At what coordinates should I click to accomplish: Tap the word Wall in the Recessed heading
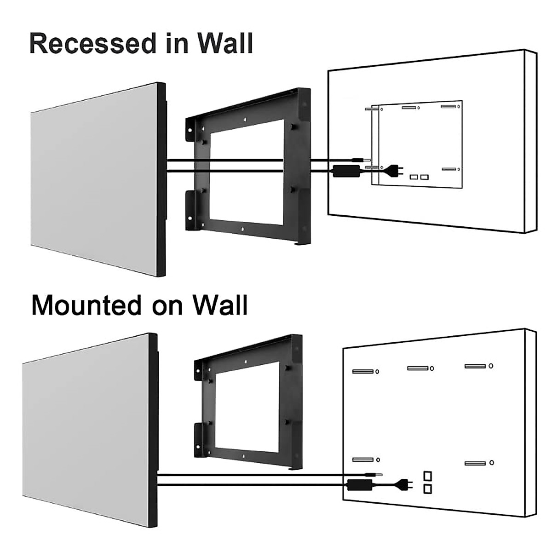[225, 43]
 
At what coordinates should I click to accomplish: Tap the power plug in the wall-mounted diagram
[405, 484]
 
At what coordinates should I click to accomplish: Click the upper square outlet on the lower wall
[428, 475]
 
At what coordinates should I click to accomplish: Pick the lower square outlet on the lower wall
[428, 489]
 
